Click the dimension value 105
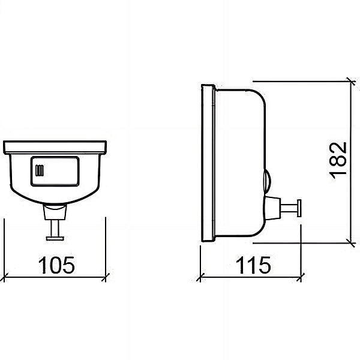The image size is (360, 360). tap(56, 265)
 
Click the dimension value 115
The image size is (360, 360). tap(253, 265)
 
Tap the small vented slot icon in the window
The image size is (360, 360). tap(40, 170)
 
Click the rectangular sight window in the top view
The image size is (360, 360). tap(55, 171)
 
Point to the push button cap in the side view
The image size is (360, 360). tap(299, 208)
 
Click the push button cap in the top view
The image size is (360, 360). tap(55, 238)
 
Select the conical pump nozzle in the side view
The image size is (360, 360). tap(273, 208)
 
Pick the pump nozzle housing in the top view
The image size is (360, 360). tap(55, 212)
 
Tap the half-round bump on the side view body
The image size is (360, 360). tap(268, 181)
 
